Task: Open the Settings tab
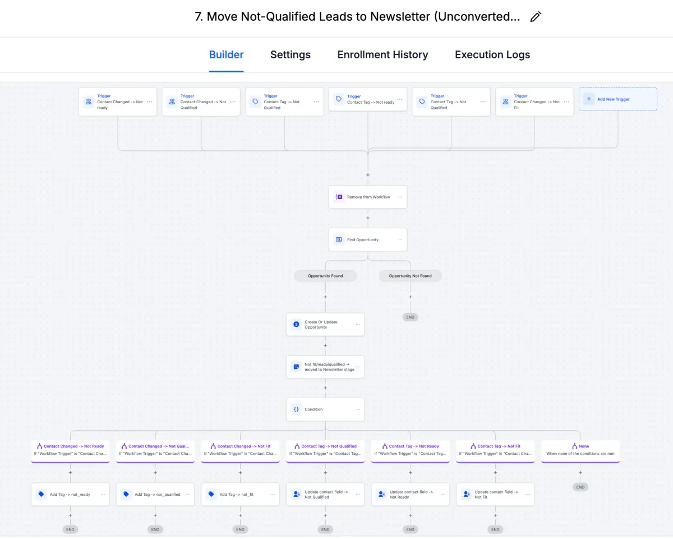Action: pos(290,55)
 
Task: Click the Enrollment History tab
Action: pos(382,55)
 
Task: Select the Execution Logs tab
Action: pos(492,55)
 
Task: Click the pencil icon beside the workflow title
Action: pos(536,17)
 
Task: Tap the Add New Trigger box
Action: pos(617,99)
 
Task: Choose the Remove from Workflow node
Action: pos(367,197)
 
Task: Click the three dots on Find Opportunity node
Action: pos(400,239)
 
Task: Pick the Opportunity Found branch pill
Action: pos(325,276)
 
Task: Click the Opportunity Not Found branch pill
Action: pos(410,276)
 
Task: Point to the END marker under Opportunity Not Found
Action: pos(410,317)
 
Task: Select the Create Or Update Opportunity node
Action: pos(325,325)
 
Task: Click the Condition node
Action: pos(325,409)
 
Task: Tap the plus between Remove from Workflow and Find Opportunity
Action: pos(368,218)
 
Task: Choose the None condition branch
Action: pos(580,450)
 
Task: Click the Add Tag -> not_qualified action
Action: pos(155,495)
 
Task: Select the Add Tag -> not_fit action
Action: pos(240,495)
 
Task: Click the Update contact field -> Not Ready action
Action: pos(410,495)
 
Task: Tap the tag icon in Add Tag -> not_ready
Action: pos(41,495)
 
